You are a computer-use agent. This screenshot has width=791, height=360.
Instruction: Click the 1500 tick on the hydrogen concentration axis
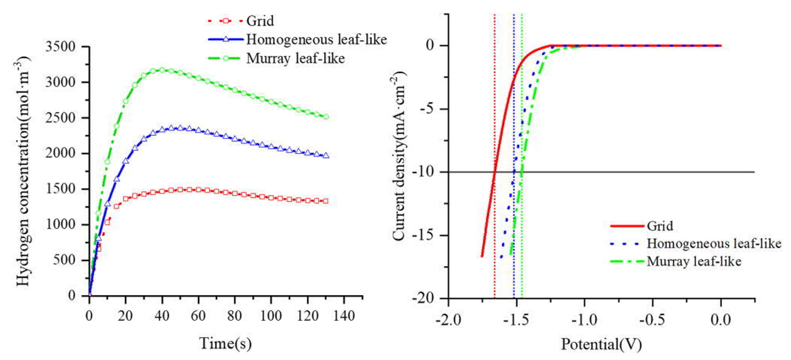[x=68, y=189]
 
